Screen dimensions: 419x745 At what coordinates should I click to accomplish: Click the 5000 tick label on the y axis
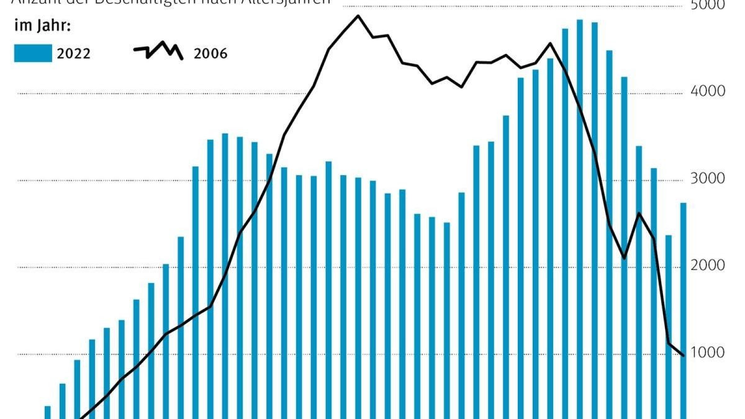(707, 6)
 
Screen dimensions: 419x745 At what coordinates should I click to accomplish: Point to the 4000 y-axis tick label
(707, 92)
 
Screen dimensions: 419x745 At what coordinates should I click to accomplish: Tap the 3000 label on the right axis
(707, 179)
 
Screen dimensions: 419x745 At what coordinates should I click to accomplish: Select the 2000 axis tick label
(707, 266)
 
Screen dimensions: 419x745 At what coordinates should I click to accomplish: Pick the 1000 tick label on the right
(707, 353)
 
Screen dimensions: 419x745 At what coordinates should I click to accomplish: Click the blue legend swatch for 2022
(33, 53)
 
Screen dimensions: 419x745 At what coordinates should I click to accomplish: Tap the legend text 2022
(74, 54)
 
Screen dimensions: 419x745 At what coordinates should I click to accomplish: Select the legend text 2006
(210, 54)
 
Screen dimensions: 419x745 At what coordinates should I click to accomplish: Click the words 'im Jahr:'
(41, 27)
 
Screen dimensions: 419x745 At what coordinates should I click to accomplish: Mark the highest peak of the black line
(358, 16)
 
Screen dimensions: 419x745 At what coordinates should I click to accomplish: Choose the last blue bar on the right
(684, 310)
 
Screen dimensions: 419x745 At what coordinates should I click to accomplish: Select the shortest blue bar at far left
(47, 412)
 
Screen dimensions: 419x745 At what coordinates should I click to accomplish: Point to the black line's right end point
(684, 356)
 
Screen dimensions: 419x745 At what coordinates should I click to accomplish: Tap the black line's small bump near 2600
(639, 214)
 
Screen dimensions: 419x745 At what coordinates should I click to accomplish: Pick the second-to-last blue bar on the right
(669, 327)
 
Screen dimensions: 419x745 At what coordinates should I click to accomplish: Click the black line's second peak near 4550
(551, 43)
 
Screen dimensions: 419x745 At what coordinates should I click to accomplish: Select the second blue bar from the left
(62, 401)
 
